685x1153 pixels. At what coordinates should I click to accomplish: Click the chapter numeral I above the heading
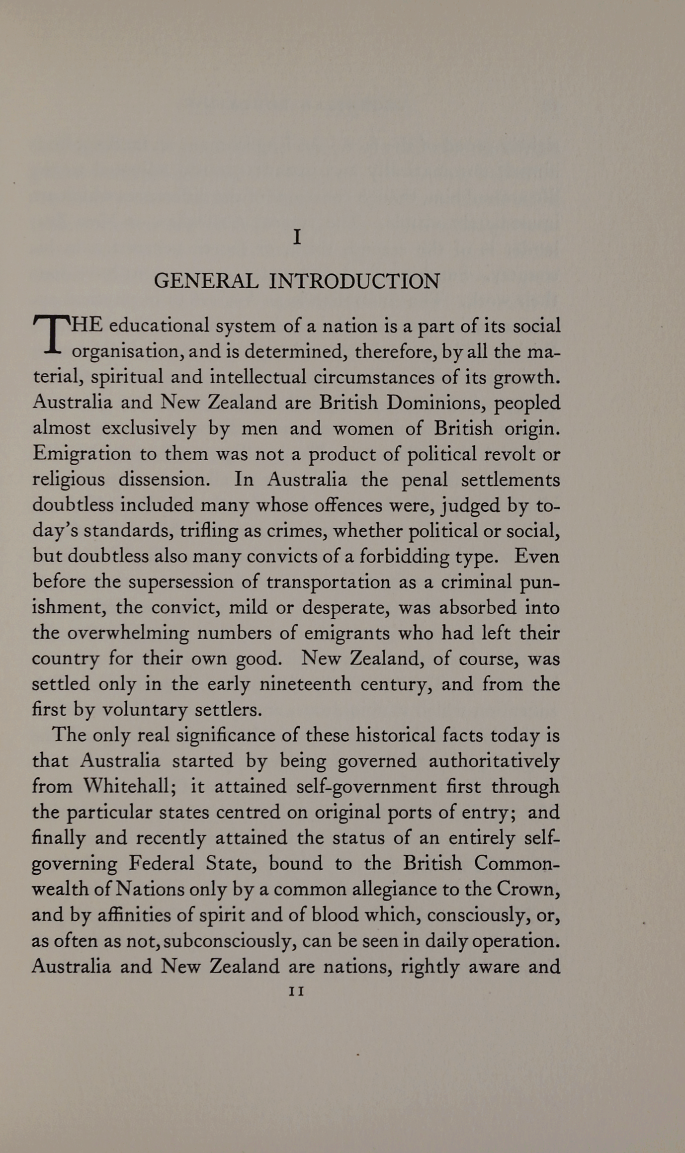point(297,237)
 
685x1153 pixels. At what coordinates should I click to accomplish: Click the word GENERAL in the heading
point(206,281)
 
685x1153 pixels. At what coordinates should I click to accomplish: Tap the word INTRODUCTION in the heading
point(354,281)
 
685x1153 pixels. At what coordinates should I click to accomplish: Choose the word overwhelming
point(128,634)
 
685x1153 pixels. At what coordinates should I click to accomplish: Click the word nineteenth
point(305,684)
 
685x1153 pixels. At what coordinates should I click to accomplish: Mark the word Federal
point(162,863)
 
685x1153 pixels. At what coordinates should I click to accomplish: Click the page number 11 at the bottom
point(296,991)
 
